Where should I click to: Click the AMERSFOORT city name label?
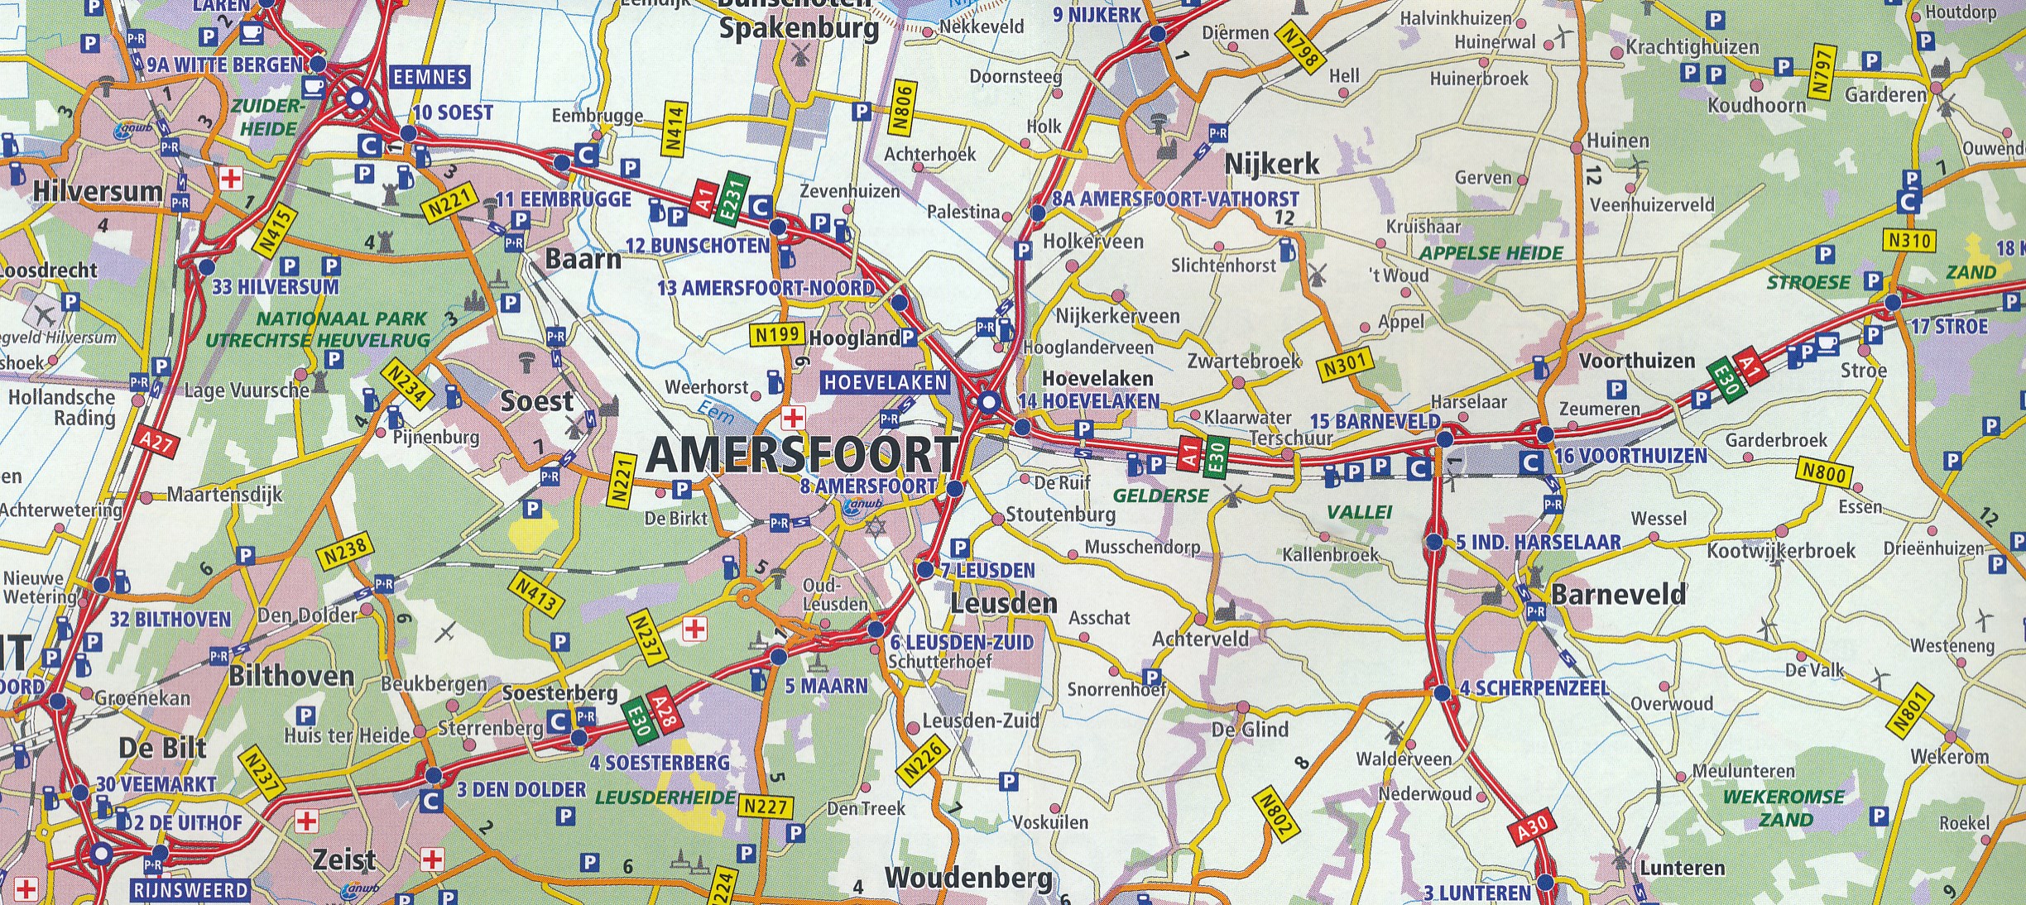pos(801,454)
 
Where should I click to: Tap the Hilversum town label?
pos(98,191)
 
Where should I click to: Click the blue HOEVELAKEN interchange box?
pos(886,382)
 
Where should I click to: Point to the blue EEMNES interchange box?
pos(430,77)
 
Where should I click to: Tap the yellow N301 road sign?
pos(1344,364)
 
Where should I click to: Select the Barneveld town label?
pos(1618,594)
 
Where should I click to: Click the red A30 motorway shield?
pos(1532,828)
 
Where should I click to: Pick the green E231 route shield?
pos(731,198)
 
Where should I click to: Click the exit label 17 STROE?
pos(1948,326)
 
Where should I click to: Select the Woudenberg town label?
pos(968,878)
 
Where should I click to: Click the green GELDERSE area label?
pos(1160,496)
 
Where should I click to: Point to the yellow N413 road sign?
pos(535,593)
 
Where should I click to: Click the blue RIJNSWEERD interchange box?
pos(190,890)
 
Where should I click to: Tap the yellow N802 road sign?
pos(1275,814)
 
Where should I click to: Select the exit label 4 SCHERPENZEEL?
pos(1534,688)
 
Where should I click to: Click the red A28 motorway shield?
pos(664,712)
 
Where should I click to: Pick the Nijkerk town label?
pos(1271,164)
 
